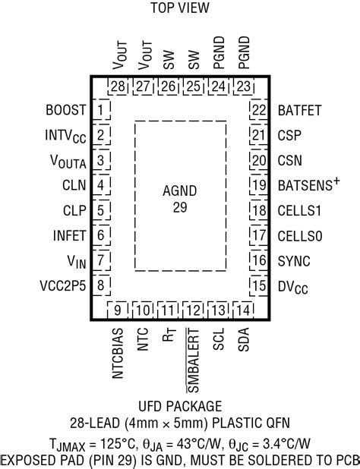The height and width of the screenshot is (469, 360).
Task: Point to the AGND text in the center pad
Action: coord(180,191)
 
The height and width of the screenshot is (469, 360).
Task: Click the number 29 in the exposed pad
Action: coord(180,206)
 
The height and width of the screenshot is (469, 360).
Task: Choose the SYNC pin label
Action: coord(293,260)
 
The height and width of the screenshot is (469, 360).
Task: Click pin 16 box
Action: coord(260,260)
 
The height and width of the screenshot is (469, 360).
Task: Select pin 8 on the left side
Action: coord(100,285)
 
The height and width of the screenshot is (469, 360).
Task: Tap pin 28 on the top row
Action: coord(117,87)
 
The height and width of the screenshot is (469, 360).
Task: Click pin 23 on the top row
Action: coord(243,87)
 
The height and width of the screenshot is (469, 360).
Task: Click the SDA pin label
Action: coord(243,338)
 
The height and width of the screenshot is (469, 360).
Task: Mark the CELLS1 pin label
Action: coord(299,210)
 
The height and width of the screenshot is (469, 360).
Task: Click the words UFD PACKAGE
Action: coord(180,406)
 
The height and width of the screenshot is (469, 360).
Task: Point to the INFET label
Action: coord(65,235)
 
